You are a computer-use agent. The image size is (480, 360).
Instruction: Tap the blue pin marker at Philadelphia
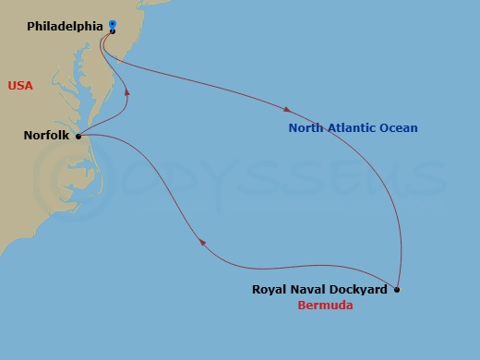click(112, 25)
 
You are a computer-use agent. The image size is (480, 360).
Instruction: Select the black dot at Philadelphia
click(112, 31)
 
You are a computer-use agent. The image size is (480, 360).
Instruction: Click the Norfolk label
click(45, 136)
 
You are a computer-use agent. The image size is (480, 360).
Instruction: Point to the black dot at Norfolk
click(78, 136)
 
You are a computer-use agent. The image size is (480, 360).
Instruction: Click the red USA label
click(20, 86)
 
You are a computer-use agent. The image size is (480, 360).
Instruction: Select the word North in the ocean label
click(306, 128)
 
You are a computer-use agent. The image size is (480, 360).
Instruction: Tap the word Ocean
click(399, 128)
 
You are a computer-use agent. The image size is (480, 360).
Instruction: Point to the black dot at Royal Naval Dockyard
click(397, 290)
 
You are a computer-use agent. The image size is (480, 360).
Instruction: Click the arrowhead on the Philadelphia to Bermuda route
click(290, 108)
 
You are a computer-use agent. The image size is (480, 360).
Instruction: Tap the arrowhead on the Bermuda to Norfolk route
click(201, 243)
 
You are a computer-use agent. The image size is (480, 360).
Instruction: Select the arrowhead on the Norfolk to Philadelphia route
click(126, 92)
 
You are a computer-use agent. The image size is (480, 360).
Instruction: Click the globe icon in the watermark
click(55, 175)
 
